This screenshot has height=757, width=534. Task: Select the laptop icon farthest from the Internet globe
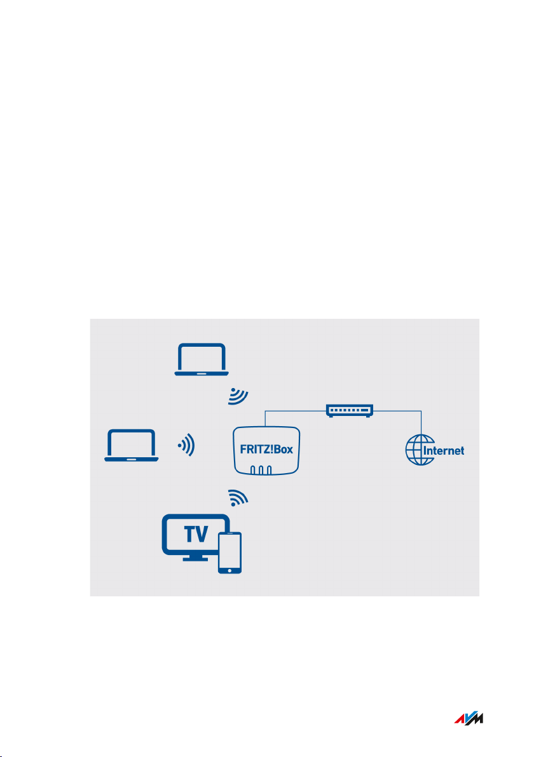(x=131, y=445)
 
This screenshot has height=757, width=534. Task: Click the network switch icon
(x=350, y=411)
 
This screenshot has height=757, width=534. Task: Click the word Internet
(x=443, y=451)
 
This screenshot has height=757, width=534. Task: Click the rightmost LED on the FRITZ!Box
(x=270, y=471)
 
